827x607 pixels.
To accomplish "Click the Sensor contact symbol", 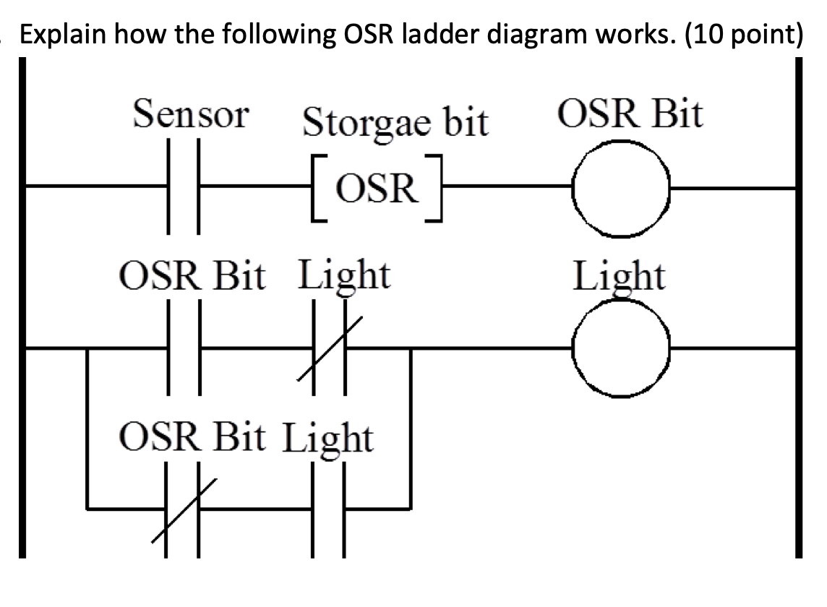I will tap(184, 189).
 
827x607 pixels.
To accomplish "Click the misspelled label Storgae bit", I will tap(395, 122).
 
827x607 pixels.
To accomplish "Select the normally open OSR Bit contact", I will tap(184, 349).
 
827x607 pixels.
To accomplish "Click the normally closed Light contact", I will tap(330, 349).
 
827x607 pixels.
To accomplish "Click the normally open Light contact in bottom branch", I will tap(328, 509).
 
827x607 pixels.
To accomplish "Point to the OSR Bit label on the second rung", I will tap(193, 276).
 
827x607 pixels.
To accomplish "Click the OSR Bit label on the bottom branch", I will tap(193, 438).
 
